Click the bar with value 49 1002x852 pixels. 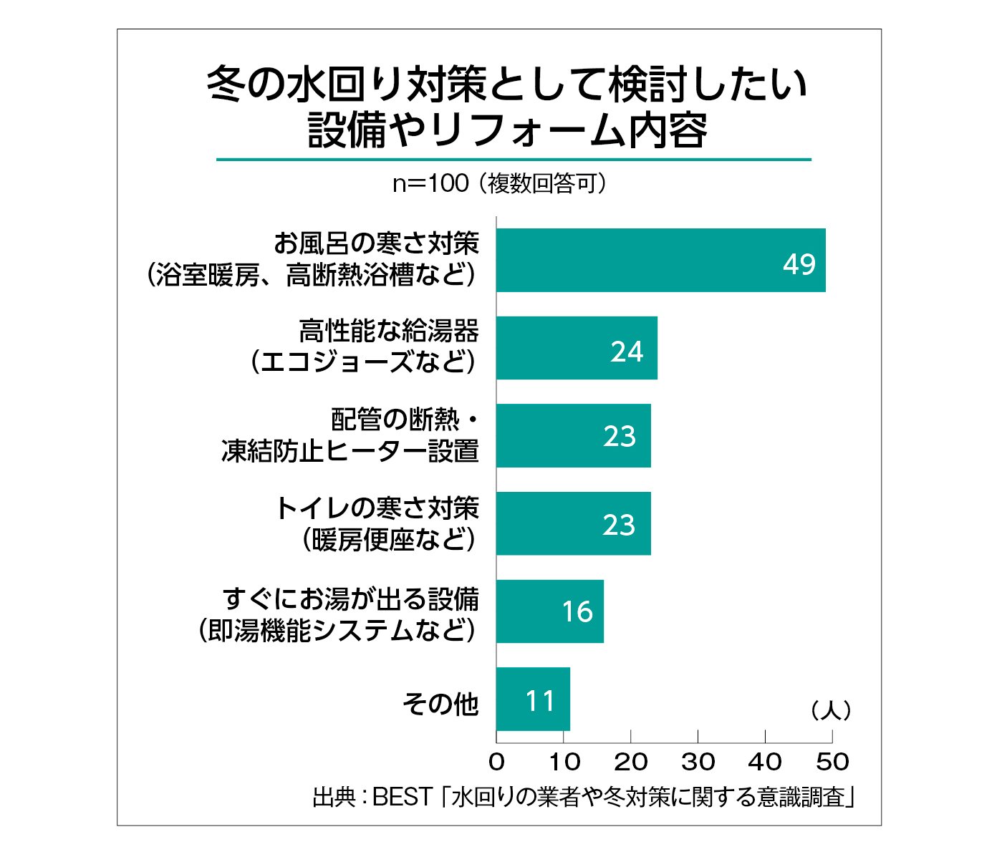pos(660,260)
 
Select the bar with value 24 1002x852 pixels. pos(577,348)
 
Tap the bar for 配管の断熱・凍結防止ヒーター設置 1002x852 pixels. pos(573,435)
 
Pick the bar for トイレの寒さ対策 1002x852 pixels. pos(573,523)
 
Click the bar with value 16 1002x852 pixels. pos(549,611)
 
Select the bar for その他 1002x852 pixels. pos(533,699)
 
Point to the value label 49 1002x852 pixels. pos(799,264)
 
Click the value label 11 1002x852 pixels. pos(540,701)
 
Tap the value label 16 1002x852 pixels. pos(577,612)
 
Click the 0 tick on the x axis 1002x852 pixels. pos(496,761)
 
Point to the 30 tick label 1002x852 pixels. pos(698,761)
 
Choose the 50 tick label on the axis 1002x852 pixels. pos(832,761)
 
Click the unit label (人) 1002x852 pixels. pos(831,710)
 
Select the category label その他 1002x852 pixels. pos(440,704)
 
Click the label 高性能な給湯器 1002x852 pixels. pos(389,331)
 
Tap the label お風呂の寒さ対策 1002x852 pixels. pos(376,244)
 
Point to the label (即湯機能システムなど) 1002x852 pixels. pos(337,630)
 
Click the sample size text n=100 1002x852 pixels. pos(430,184)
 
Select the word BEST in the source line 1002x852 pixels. pos(403,796)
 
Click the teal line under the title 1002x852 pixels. pos(514,159)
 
